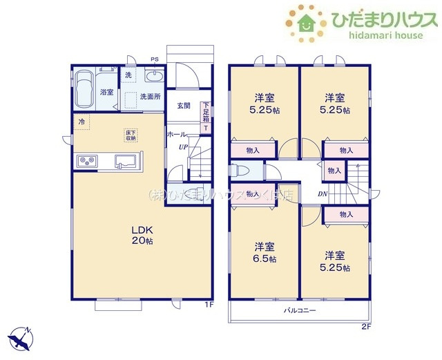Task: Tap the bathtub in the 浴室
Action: [x=86, y=89]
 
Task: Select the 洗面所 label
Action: [x=150, y=97]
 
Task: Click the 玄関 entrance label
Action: [x=183, y=106]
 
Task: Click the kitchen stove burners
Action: [x=88, y=162]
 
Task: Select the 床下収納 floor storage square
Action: [x=130, y=135]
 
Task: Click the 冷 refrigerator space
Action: [x=81, y=122]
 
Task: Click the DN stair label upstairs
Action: [x=322, y=194]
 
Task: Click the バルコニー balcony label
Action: [x=299, y=311]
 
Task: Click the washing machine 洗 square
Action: [x=129, y=75]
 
